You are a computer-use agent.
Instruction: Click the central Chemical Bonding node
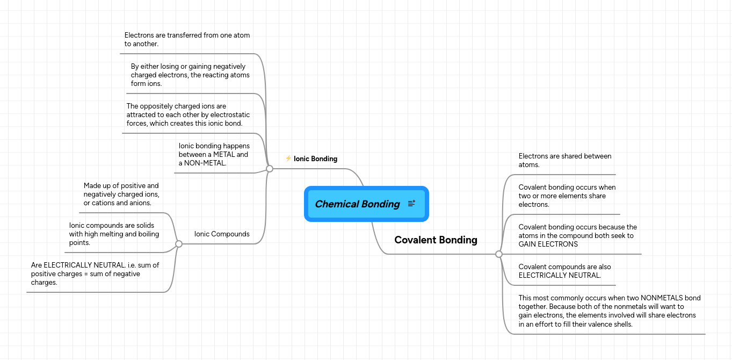357,204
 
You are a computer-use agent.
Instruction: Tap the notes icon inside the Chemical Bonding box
411,204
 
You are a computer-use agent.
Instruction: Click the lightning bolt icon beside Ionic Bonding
288,159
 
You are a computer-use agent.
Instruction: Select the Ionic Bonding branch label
315,159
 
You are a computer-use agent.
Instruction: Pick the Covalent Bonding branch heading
436,240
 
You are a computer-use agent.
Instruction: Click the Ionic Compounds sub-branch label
222,234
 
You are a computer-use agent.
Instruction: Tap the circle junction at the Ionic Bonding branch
270,169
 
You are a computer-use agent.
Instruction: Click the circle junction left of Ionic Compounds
179,244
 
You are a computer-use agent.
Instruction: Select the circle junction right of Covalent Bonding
498,254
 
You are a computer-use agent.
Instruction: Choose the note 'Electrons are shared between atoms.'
564,160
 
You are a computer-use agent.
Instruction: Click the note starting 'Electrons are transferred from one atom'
187,39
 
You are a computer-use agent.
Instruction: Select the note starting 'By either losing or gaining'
190,75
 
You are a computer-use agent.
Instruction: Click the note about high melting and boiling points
114,234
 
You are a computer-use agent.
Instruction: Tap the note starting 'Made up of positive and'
121,194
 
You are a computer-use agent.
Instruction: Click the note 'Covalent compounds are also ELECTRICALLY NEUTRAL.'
564,271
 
